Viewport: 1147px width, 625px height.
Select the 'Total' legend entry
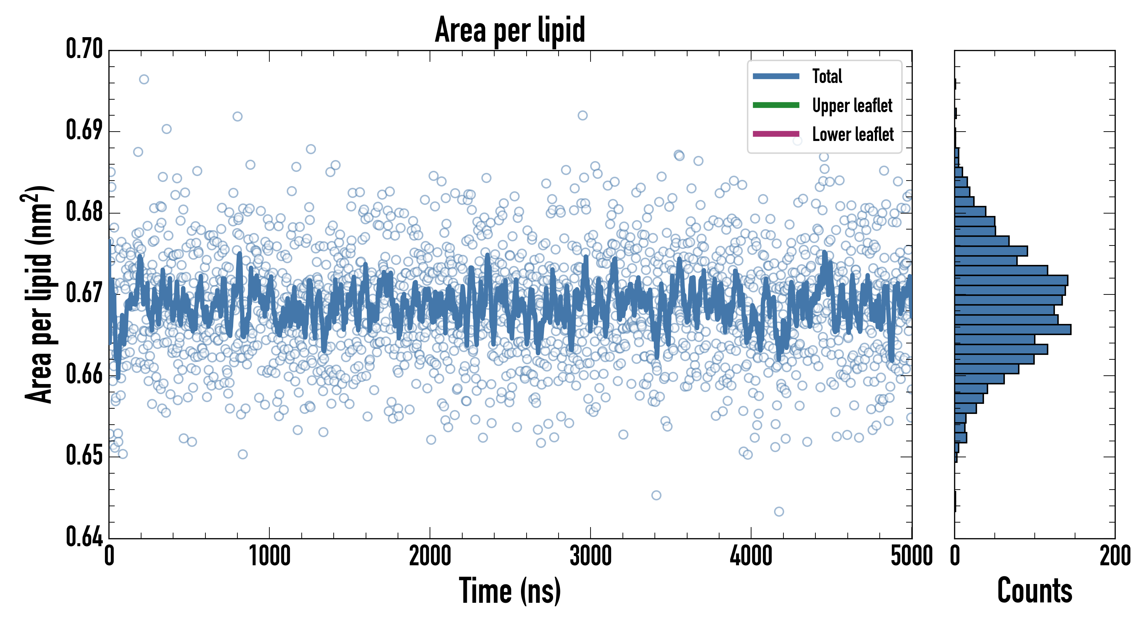coord(827,76)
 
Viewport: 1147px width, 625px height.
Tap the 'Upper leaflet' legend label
coord(852,106)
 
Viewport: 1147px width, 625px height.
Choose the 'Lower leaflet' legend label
coord(852,134)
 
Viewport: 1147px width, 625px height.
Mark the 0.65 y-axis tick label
coord(84,456)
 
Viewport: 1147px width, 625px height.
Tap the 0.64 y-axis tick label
coord(84,536)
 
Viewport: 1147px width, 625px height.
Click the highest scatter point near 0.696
coord(144,80)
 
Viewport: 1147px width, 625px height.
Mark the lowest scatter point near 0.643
coord(779,511)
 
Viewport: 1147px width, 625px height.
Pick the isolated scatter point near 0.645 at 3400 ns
coord(656,495)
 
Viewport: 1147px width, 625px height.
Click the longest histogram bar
coord(1012,330)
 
